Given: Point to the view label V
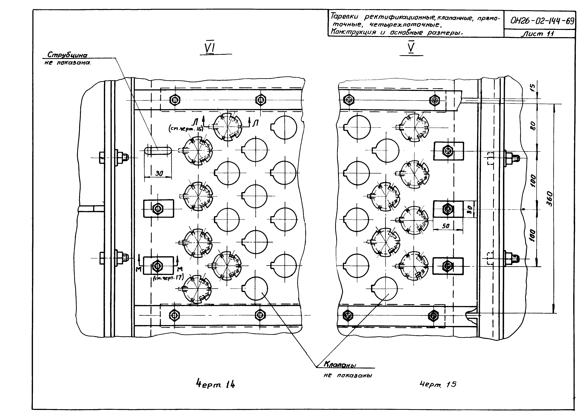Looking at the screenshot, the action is pos(411,47).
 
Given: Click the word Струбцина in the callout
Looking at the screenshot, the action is pos(68,55).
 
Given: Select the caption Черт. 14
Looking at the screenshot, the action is pos(215,385).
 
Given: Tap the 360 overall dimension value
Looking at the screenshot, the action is pos(550,198).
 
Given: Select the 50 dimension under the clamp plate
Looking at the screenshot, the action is pos(446,226).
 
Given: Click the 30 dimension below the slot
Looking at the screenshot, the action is pos(159,173).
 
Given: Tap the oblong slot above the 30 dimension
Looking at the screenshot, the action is pos(158,150).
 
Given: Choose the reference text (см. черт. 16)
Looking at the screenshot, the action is pos(186,129).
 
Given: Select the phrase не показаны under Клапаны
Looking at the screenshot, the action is pos(348,375).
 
